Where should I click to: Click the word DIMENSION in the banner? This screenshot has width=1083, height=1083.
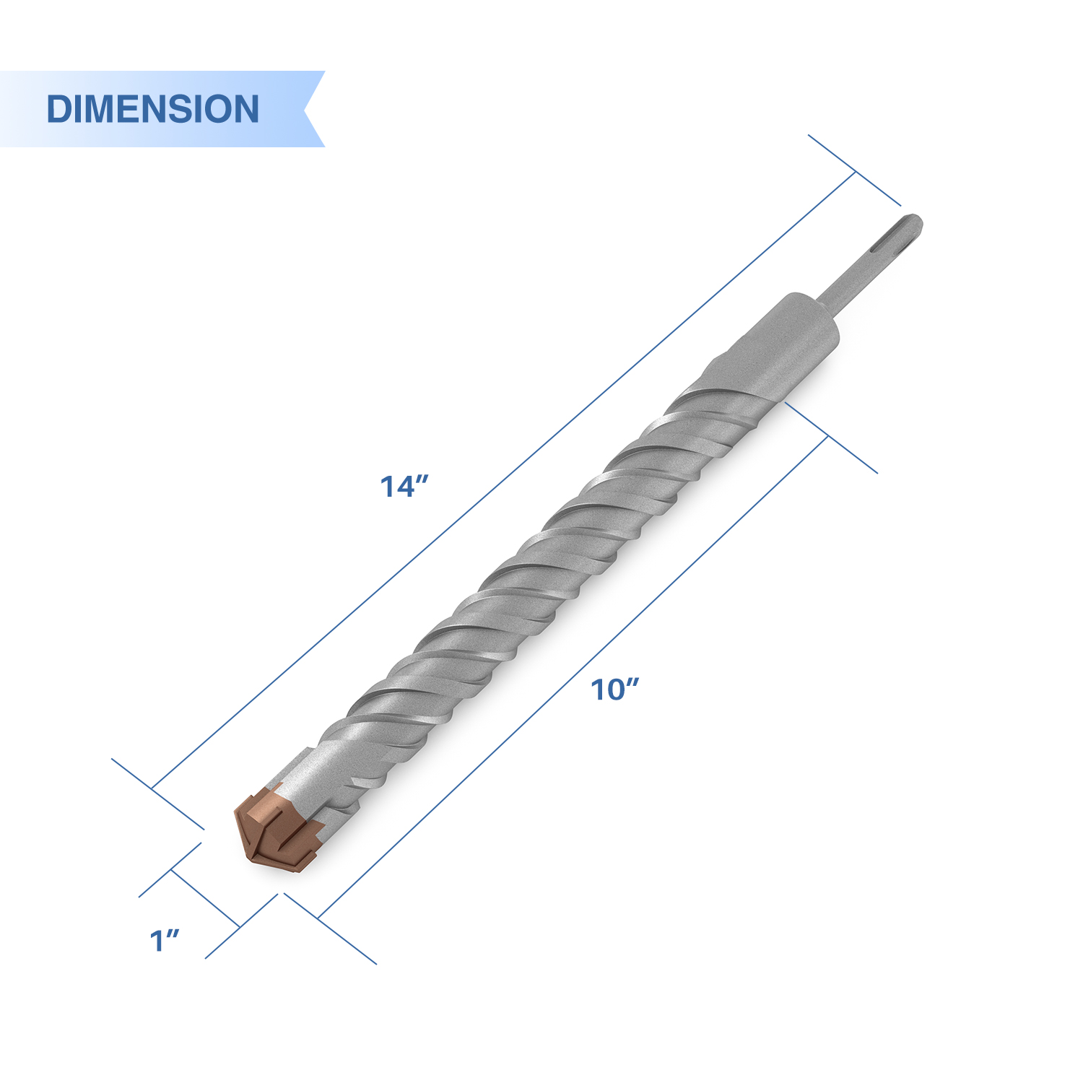[152, 109]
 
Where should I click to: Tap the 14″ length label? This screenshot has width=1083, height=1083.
[404, 487]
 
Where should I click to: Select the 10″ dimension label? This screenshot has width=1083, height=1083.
[615, 690]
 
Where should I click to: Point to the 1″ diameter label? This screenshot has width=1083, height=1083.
[164, 941]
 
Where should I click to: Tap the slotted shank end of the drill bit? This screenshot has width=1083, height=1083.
[895, 242]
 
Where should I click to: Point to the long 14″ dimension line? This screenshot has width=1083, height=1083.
[504, 479]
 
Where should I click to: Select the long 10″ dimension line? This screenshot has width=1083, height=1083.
[572, 677]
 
